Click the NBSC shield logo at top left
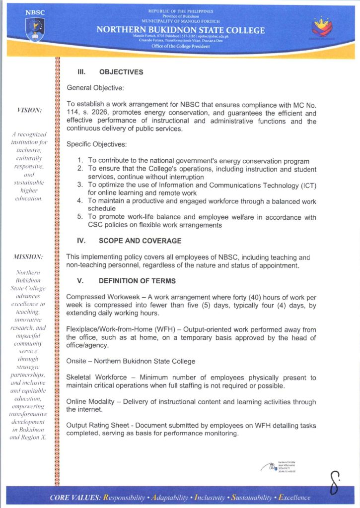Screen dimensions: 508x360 tap(35, 28)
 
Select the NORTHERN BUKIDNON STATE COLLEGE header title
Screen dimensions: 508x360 tap(180, 30)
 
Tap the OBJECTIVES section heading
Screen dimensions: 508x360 tap(121, 72)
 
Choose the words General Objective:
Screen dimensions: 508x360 tap(95, 87)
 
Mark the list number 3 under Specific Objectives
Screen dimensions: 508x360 tap(80, 185)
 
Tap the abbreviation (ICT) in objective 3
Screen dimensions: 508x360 tap(305, 185)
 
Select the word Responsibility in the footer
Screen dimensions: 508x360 tap(123, 498)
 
